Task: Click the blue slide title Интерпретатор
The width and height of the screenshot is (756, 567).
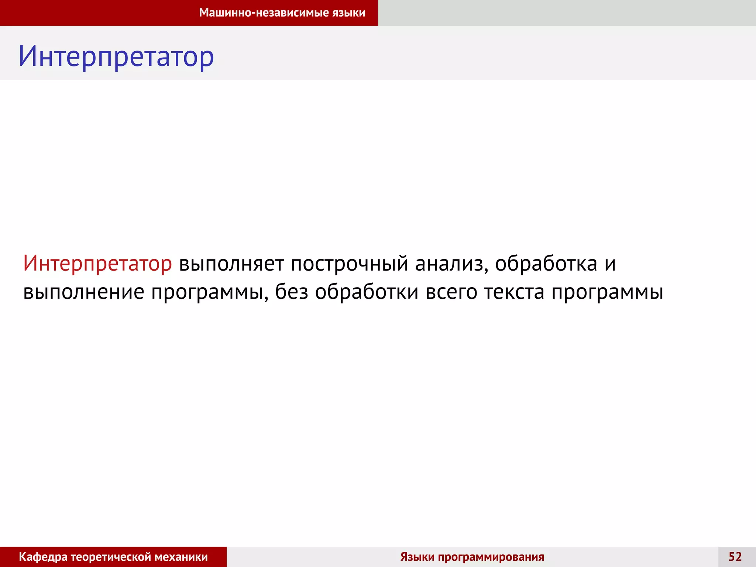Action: pos(116,57)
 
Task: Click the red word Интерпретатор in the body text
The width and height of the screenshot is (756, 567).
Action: pos(97,264)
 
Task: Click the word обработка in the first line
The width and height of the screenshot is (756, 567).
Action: pos(546,264)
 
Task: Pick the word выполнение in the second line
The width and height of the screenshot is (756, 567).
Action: pos(83,292)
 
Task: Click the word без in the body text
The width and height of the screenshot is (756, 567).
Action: pos(292,292)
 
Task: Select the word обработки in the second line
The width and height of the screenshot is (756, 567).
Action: pos(367,292)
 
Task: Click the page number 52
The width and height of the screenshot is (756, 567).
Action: pos(735,557)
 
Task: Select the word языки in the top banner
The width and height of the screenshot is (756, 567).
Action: pos(349,13)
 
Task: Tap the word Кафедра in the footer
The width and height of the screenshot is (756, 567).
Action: pos(43,557)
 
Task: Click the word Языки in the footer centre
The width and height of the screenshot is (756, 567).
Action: pos(417,557)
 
